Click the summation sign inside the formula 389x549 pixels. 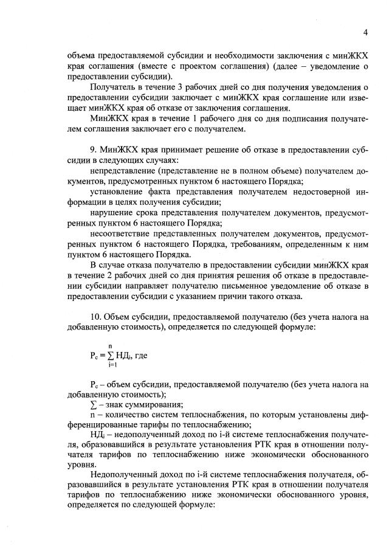[x=112, y=356]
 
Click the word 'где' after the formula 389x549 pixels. [x=142, y=356]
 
